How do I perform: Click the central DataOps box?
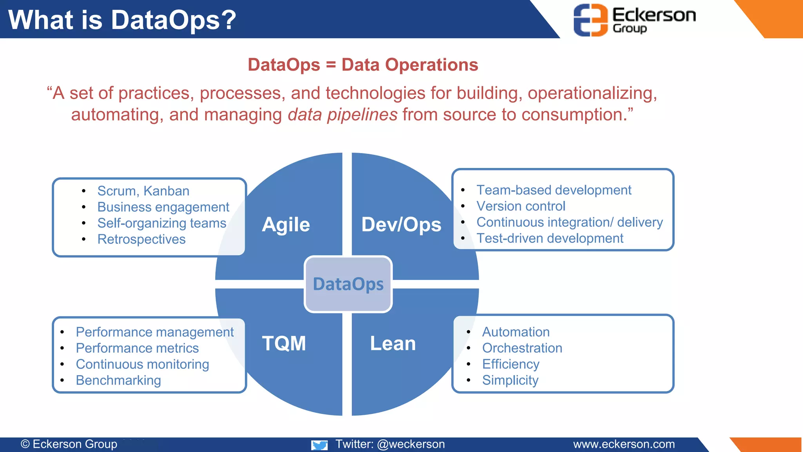tap(348, 284)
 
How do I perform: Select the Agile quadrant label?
tap(286, 224)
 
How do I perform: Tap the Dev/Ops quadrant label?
tap(401, 224)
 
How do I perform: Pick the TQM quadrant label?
tap(284, 343)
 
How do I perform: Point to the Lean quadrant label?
tap(393, 343)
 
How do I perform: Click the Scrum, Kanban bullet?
tap(143, 191)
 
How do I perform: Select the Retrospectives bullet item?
tap(141, 239)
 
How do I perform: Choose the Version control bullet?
tap(521, 206)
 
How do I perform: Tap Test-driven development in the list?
tap(550, 239)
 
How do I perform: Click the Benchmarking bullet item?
tap(118, 380)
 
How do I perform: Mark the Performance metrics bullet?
tap(137, 348)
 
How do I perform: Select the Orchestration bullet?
tap(522, 348)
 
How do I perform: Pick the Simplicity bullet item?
tap(510, 380)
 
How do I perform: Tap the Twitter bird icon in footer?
tap(320, 445)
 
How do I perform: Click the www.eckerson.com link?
tap(624, 444)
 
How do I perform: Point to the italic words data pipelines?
tap(343, 115)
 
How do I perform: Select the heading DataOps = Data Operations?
tap(363, 65)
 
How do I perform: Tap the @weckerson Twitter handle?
tap(411, 444)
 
